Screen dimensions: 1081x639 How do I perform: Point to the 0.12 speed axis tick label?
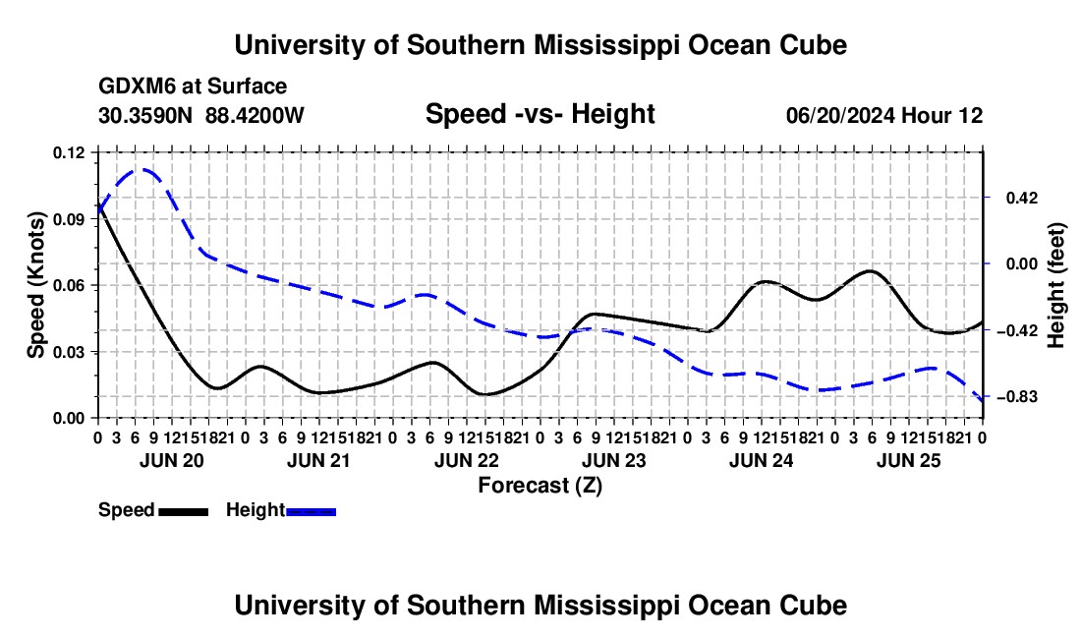[68, 153]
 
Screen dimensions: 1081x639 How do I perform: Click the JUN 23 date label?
[613, 460]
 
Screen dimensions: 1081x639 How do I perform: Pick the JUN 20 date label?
[172, 460]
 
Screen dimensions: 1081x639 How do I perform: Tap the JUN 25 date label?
[909, 460]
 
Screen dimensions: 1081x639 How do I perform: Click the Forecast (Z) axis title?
[540, 486]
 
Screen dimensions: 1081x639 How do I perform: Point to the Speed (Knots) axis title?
[35, 285]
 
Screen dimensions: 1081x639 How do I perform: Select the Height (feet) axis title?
[1055, 285]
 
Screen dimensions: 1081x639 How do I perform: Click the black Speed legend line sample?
[184, 511]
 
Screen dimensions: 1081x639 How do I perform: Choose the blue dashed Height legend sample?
[311, 511]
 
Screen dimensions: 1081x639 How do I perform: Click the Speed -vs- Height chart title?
[540, 114]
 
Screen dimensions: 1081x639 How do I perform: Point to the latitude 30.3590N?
[144, 115]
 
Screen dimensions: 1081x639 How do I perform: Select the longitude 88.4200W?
[255, 115]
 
